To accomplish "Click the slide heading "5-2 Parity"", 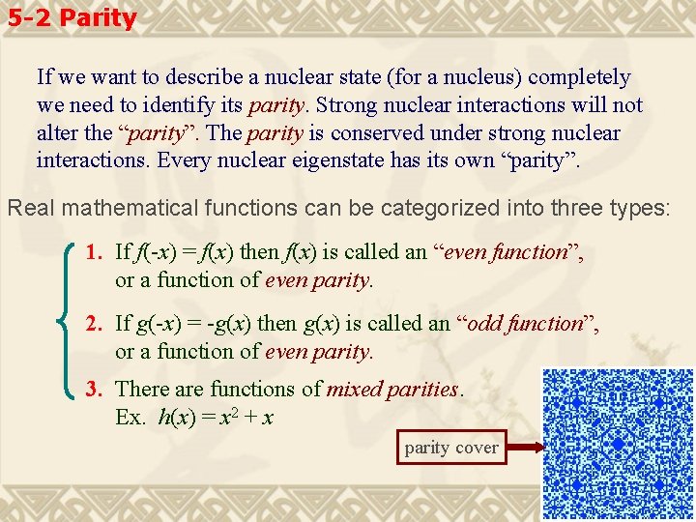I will [x=70, y=17].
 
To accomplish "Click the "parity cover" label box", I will [x=451, y=448].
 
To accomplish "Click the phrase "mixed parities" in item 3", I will [x=393, y=390].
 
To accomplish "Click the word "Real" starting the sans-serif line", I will [x=29, y=207].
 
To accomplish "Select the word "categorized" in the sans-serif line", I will [x=382, y=207].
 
